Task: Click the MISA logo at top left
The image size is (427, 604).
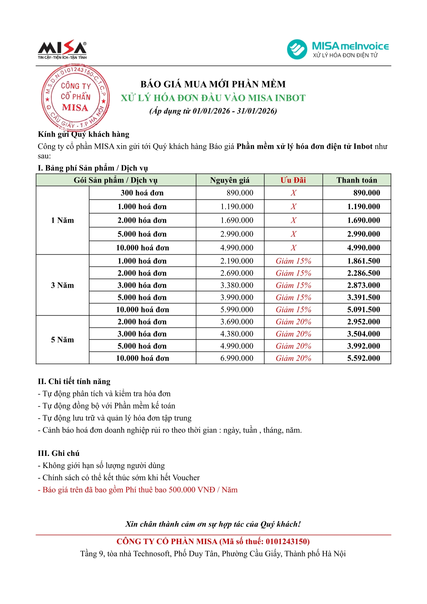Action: (62, 49)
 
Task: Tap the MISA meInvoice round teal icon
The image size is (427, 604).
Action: (297, 49)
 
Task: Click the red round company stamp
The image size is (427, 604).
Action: (75, 97)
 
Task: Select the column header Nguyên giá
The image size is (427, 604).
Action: (230, 180)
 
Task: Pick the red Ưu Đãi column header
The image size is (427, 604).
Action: (293, 180)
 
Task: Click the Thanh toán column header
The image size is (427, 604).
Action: (357, 180)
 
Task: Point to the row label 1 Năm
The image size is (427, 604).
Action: (62, 220)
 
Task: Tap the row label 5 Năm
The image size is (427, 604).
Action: (62, 340)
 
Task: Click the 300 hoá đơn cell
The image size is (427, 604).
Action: (142, 193)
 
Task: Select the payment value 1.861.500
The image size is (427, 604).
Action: (363, 261)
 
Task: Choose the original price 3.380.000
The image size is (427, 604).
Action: (237, 286)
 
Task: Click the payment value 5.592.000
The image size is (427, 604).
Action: (363, 358)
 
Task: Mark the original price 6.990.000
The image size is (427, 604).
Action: (237, 358)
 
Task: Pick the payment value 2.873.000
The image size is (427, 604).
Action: (363, 286)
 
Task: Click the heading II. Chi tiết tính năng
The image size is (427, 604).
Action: (74, 382)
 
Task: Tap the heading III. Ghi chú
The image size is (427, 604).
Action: (59, 453)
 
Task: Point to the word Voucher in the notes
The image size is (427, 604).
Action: (186, 478)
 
